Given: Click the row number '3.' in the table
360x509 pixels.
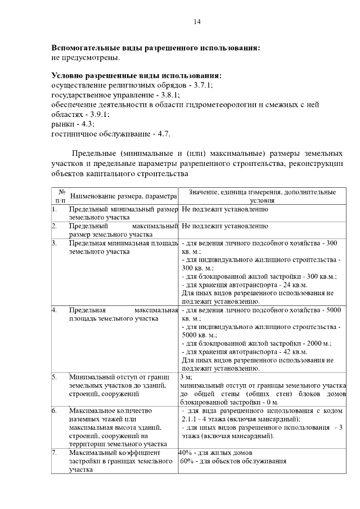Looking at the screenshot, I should point(55,243).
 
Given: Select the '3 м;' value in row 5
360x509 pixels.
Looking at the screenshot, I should point(186,377).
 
